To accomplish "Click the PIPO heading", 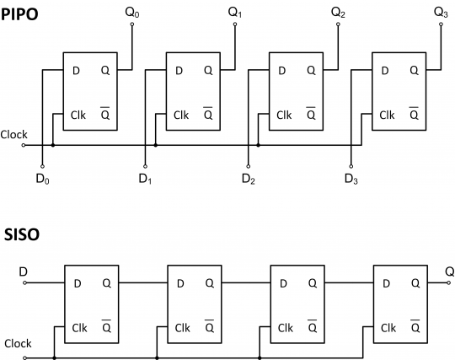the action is pos(19,14).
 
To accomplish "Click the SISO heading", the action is pos(22,234).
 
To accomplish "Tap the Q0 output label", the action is pos(132,13).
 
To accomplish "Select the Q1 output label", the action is pos(235,13).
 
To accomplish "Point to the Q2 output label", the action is pos(338,13).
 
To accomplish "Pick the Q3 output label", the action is pos(441,13).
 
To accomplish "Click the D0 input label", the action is pos(42,179).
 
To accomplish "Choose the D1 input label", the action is pos(145,179).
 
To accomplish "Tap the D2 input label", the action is pos(248,179).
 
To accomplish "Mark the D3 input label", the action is pos(351,179).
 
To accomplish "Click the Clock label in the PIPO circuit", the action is pos(14,135).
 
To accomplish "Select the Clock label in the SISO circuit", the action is pos(18,343).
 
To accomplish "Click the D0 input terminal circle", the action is pos(42,166).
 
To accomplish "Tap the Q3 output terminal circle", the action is pos(441,24).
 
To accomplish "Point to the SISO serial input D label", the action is pos(24,271).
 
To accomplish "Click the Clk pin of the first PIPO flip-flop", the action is pos(78,116).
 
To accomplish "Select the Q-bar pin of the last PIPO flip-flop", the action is pos(414,114).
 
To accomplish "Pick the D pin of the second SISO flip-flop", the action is pos(180,283).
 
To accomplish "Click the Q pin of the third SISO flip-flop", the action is pos(313,283).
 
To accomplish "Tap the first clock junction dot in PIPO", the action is pos(53,145).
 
